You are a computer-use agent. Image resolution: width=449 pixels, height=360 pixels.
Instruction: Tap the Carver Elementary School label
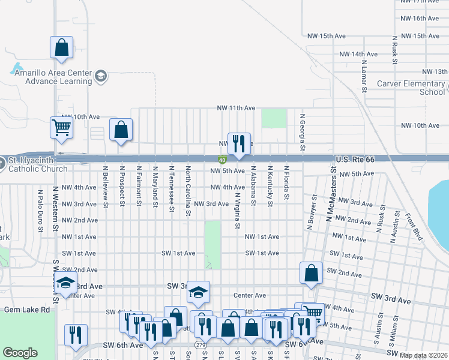411,88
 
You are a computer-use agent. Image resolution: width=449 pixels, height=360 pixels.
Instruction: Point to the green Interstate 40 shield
222,160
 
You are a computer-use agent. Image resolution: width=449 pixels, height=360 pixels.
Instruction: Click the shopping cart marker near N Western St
62,127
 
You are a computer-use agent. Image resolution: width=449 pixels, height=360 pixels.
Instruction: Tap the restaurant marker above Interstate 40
239,143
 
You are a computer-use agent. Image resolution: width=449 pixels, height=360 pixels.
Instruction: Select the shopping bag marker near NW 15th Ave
61,47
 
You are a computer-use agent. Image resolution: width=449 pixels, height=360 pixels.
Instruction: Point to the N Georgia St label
303,133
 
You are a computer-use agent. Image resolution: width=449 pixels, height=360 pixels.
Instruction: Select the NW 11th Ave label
237,108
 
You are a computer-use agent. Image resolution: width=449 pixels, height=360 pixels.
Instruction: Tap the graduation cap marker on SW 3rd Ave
197,292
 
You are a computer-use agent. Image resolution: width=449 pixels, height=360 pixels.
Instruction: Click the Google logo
20,353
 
